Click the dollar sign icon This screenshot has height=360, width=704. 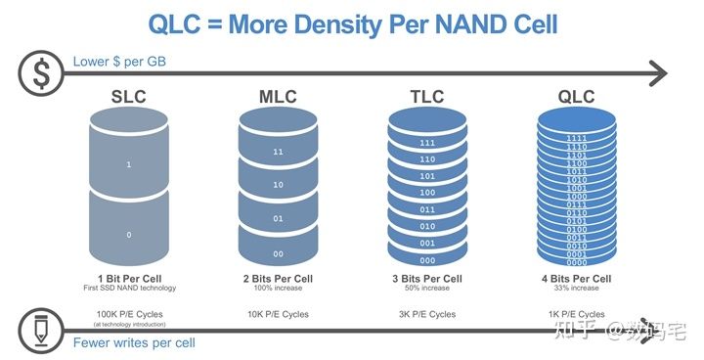(x=41, y=71)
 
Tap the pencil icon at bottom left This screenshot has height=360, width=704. (x=41, y=330)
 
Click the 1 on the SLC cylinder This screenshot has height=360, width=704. (x=128, y=165)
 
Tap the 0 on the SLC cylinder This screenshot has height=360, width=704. (x=128, y=236)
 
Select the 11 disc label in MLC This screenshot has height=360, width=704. (x=279, y=153)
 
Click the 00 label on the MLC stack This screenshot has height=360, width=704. (x=279, y=253)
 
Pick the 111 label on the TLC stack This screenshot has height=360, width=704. (x=427, y=143)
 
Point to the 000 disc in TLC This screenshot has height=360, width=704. (x=427, y=259)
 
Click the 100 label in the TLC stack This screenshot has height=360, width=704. (x=427, y=193)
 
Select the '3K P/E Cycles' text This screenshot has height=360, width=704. (x=427, y=314)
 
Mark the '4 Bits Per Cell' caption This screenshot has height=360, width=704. (x=577, y=278)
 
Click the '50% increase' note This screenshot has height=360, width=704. (x=427, y=289)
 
